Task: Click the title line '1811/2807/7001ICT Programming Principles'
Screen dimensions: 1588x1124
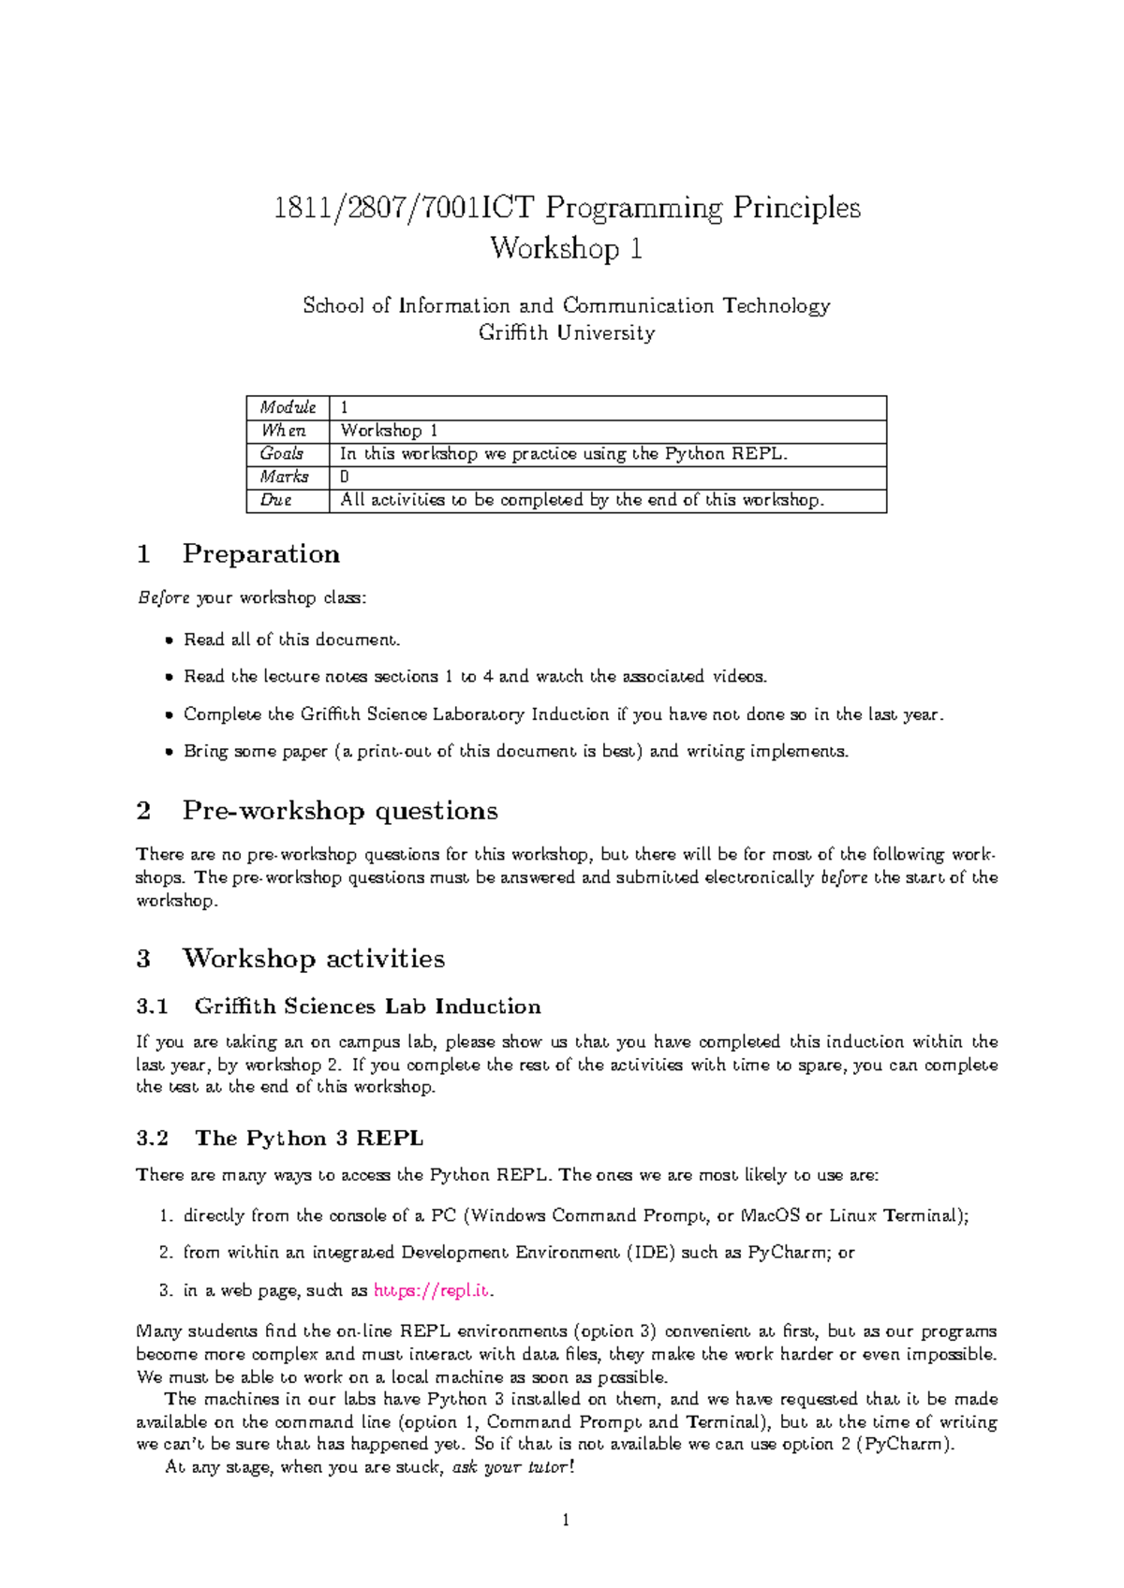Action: (x=566, y=208)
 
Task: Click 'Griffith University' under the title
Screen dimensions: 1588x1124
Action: (x=566, y=332)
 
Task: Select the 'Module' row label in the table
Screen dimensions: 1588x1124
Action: (x=288, y=407)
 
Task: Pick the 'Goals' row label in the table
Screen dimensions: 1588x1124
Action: (x=281, y=453)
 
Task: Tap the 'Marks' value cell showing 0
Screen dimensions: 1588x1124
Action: (x=345, y=477)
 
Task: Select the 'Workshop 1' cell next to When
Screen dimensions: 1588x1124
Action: (x=389, y=431)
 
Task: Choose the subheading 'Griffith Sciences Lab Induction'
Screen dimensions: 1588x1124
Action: (x=367, y=1007)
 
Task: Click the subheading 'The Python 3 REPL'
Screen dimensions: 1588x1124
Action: (x=309, y=1139)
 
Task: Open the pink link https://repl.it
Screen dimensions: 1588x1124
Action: (x=431, y=1290)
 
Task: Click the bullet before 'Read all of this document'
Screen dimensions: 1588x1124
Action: (x=169, y=640)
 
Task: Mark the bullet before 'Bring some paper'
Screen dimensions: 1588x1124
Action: (x=169, y=752)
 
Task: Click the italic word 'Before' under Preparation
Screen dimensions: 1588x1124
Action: (x=163, y=597)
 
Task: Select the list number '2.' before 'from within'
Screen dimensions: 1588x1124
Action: (x=166, y=1253)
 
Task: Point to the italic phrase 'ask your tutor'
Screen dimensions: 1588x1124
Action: (x=510, y=1467)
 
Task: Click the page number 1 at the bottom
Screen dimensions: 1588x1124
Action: (x=566, y=1520)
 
